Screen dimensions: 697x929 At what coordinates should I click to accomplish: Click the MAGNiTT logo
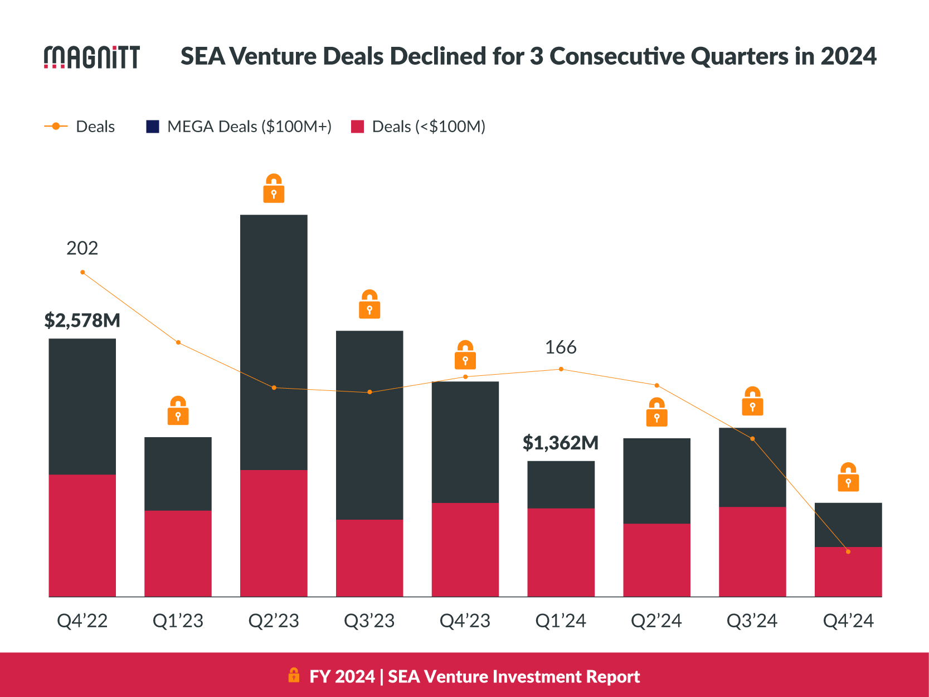(x=92, y=57)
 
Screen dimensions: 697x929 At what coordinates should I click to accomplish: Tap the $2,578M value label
(x=82, y=321)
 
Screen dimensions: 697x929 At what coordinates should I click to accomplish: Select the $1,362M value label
(x=561, y=443)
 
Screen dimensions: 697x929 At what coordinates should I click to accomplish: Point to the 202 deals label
(x=82, y=248)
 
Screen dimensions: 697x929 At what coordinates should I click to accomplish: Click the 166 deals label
(x=561, y=347)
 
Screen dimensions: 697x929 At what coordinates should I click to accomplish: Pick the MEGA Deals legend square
(x=153, y=127)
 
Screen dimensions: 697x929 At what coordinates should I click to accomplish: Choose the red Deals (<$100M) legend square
(x=357, y=127)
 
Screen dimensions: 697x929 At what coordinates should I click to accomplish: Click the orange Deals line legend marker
(x=56, y=127)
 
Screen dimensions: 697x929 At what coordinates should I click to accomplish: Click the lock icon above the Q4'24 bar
(x=848, y=477)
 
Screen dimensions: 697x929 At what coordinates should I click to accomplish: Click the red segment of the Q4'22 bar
(x=82, y=535)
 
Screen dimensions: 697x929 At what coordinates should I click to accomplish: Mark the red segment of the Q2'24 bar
(x=656, y=560)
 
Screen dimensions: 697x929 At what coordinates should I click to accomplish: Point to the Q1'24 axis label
(x=561, y=621)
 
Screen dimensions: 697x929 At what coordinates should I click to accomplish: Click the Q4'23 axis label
(x=465, y=621)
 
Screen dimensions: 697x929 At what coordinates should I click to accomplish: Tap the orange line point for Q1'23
(x=178, y=342)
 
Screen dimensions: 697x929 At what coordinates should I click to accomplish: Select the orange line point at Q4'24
(x=848, y=551)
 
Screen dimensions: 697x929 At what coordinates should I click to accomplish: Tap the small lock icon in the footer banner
(x=294, y=675)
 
